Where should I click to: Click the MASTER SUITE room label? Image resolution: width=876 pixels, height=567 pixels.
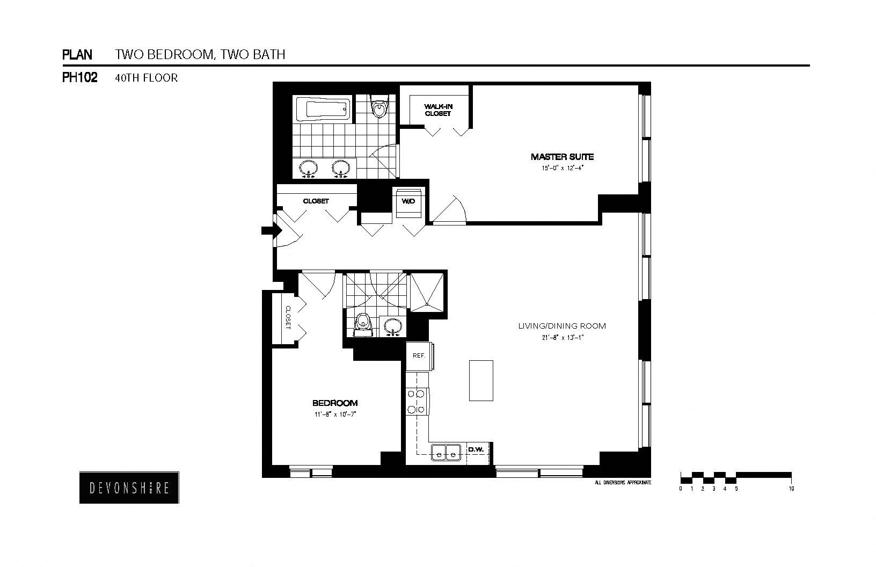[562, 157]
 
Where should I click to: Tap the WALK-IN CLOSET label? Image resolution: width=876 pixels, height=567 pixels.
[438, 110]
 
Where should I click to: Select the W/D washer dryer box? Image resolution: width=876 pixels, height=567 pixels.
[408, 201]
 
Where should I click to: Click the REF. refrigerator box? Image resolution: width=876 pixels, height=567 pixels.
[419, 356]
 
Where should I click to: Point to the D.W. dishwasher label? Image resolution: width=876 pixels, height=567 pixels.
[476, 449]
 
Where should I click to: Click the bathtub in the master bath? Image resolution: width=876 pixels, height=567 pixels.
[322, 110]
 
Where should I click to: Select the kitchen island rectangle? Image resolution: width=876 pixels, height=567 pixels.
[481, 380]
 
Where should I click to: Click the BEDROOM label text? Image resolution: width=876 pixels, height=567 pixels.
[335, 403]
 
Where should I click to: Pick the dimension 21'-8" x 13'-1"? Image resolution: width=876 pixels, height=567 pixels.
[561, 338]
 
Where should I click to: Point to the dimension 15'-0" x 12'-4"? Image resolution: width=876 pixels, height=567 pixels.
[562, 168]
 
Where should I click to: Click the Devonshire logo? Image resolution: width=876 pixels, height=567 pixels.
[129, 488]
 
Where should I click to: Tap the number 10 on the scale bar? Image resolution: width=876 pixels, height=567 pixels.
[791, 489]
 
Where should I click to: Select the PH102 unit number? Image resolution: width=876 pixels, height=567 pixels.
[79, 78]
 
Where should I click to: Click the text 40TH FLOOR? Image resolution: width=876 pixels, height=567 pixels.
[146, 78]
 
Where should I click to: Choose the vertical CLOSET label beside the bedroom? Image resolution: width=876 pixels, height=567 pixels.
[288, 317]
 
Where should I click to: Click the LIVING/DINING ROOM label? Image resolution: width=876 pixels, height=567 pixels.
[561, 326]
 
